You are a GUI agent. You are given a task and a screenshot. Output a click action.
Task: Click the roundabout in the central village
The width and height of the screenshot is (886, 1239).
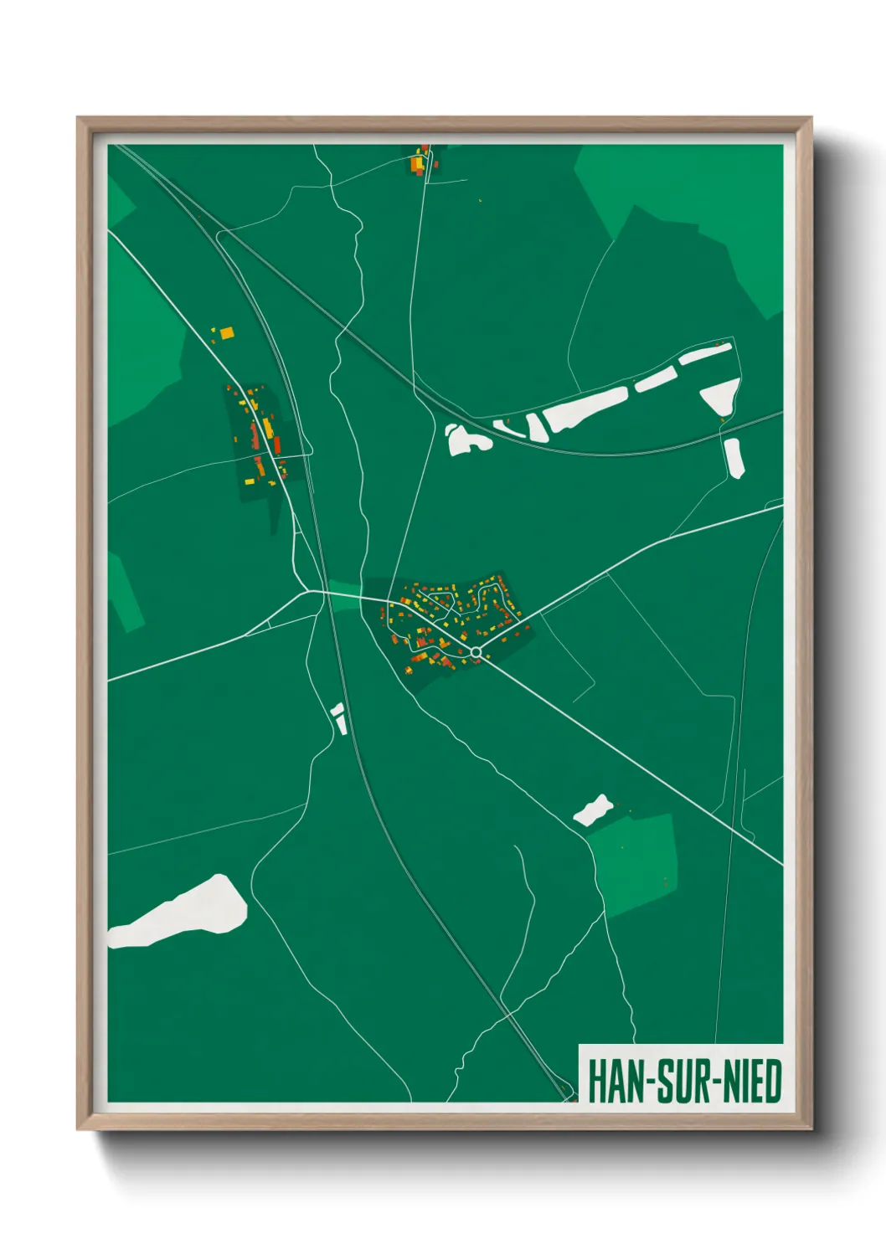click(x=476, y=651)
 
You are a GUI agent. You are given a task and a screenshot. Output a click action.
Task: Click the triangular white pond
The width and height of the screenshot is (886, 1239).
click(x=721, y=396)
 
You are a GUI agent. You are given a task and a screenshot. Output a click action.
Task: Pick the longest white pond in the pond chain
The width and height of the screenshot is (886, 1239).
click(x=585, y=409)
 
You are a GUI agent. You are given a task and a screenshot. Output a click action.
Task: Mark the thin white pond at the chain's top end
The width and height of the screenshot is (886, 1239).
click(x=705, y=353)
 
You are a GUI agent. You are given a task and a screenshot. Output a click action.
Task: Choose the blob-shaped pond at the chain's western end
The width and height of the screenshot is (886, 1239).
click(x=466, y=440)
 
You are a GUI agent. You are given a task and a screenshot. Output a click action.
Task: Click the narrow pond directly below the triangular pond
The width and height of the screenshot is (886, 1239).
click(x=734, y=458)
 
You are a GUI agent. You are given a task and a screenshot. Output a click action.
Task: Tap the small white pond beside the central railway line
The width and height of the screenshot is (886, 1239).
click(x=339, y=718)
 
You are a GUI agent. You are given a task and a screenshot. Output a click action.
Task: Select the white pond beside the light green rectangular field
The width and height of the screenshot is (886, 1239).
click(x=593, y=810)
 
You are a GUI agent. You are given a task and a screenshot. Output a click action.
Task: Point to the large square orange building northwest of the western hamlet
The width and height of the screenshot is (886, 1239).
click(x=226, y=333)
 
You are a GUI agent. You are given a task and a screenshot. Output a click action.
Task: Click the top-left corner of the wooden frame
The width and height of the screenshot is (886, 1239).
click(x=79, y=119)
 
